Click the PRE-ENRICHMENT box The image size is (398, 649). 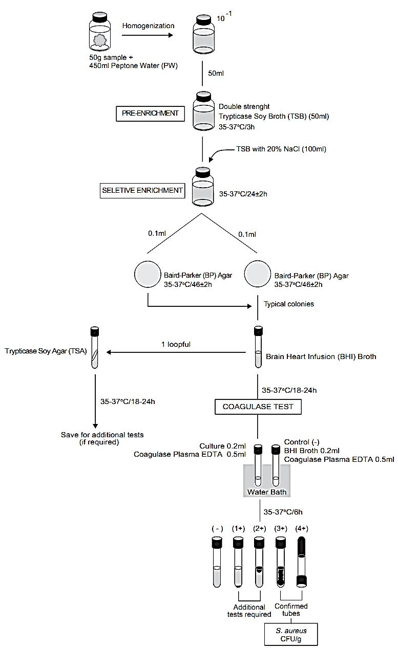tap(150, 114)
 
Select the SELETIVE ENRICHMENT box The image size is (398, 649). tap(142, 191)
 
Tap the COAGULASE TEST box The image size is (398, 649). tap(258, 407)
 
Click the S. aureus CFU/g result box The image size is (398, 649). tap(291, 635)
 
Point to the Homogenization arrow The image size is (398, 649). tap(148, 35)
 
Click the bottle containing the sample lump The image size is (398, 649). tap(100, 31)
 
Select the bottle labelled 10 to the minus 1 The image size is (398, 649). tap(204, 34)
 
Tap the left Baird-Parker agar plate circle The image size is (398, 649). tap(148, 274)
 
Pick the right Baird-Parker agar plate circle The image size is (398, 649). tap(258, 274)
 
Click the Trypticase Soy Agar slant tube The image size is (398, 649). tap(95, 348)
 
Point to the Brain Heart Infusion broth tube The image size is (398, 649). tap(258, 347)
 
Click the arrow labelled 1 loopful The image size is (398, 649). tap(176, 352)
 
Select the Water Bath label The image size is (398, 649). tap(267, 492)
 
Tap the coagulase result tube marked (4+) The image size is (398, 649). tap(301, 562)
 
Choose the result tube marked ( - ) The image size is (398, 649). tap(217, 562)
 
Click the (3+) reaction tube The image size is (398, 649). tap(281, 562)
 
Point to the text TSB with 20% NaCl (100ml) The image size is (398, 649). tap(281, 149)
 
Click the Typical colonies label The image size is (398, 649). tap(288, 304)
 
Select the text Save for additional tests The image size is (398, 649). tap(102, 435)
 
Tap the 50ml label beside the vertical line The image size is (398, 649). tap(216, 73)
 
